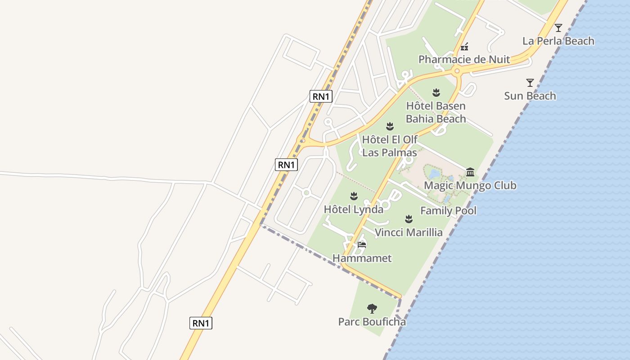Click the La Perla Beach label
pos(558,41)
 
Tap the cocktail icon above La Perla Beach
pos(558,28)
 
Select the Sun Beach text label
pos(530,96)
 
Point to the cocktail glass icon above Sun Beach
pos(530,83)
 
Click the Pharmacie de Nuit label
pos(464,59)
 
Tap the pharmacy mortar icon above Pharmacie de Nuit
pos(464,46)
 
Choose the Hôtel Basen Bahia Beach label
pos(436,112)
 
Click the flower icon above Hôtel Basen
pos(436,93)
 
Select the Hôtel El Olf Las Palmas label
pos(390,146)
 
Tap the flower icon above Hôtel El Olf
pos(390,126)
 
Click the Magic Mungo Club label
pos(470,185)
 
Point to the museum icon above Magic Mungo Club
pos(470,172)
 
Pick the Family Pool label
pos(448,211)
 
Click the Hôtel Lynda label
pos(354,209)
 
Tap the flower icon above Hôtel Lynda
pos(354,196)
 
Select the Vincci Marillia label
pos(409,233)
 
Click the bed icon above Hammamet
pos(362,245)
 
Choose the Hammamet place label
pos(362,258)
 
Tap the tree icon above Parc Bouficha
pos(372,309)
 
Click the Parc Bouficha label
pos(372,322)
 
